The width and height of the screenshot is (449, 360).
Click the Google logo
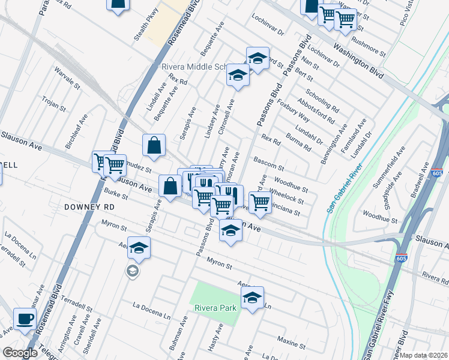tap(20, 353)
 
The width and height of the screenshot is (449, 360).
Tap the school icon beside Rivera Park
tap(253, 297)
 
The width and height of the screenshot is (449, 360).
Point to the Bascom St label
tap(268, 163)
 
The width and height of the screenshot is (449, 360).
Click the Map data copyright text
tap(423, 355)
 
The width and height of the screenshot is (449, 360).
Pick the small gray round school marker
tap(132, 271)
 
